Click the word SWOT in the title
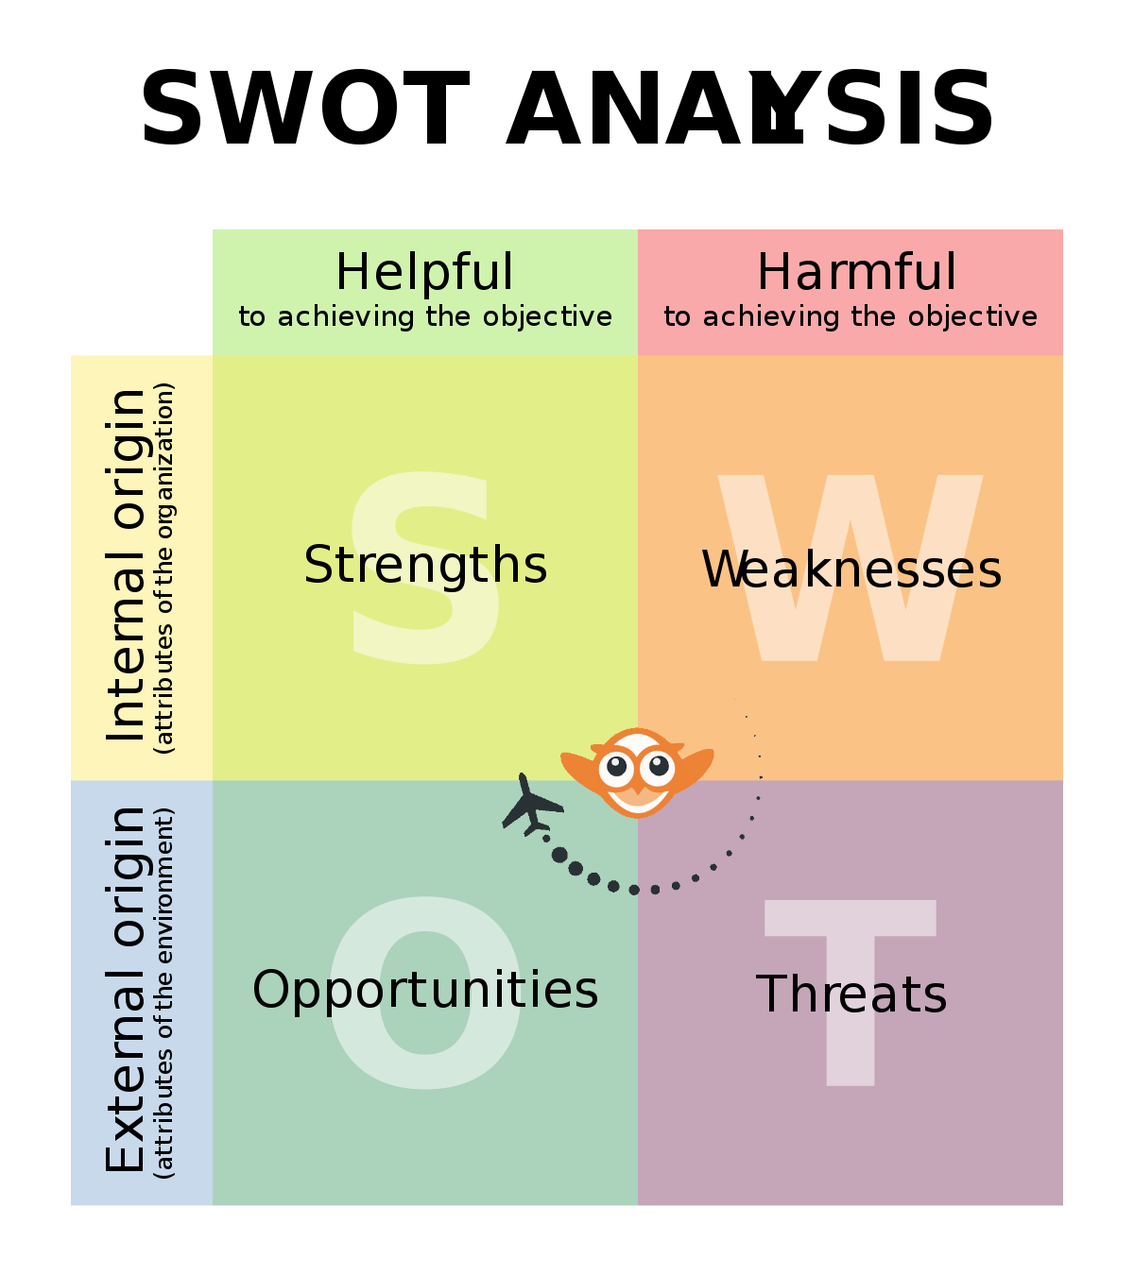pyautogui.click(x=304, y=109)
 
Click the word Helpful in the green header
pyautogui.click(x=425, y=272)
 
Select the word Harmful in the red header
pyautogui.click(x=855, y=272)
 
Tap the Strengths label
pyautogui.click(x=425, y=566)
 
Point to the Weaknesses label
pyautogui.click(x=850, y=569)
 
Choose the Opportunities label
pyautogui.click(x=425, y=990)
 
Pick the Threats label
pyautogui.click(x=850, y=994)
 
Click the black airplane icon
pyautogui.click(x=531, y=806)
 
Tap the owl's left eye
pyautogui.click(x=616, y=767)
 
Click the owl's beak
pyautogui.click(x=637, y=788)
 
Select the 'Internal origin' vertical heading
pyautogui.click(x=126, y=566)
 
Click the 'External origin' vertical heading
pyautogui.click(x=126, y=990)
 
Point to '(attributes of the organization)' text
pyautogui.click(x=164, y=569)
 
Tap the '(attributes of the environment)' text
pyautogui.click(x=164, y=993)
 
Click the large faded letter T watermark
pyautogui.click(x=850, y=993)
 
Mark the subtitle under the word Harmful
pyautogui.click(x=850, y=316)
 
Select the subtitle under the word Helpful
pyautogui.click(x=425, y=316)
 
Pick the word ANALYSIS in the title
pyautogui.click(x=749, y=109)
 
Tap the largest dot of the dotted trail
pyautogui.click(x=559, y=855)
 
